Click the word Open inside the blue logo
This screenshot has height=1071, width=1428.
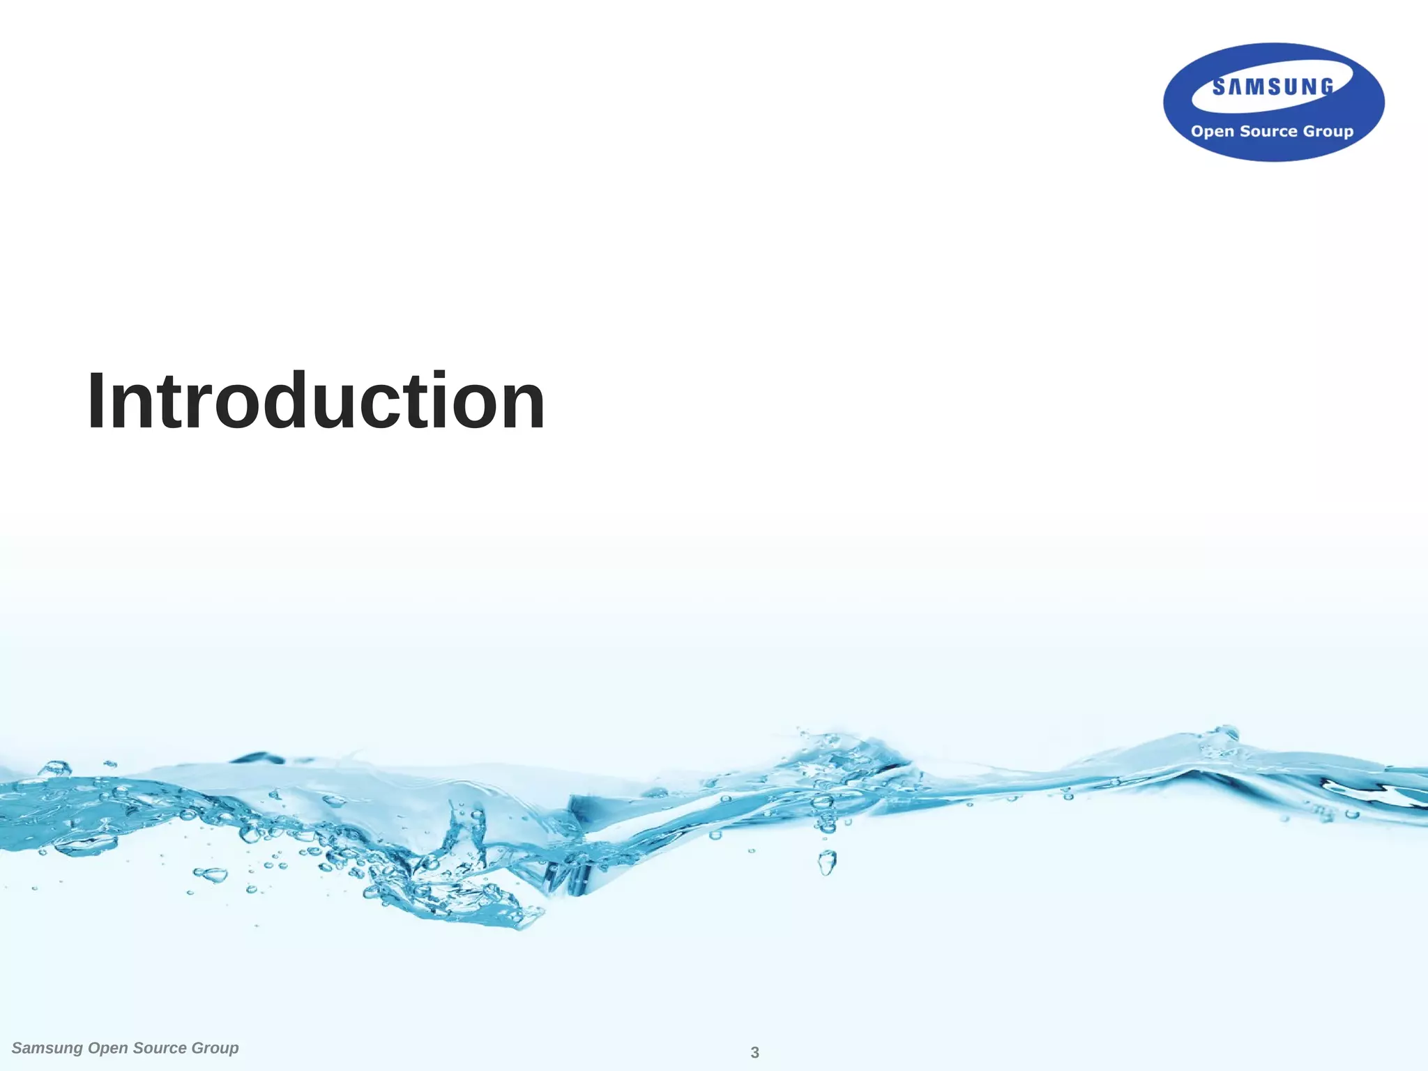click(x=1212, y=132)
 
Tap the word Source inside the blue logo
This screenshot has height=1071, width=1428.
click(x=1268, y=131)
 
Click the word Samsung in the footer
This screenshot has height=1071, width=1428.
click(x=47, y=1048)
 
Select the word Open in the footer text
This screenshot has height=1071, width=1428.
click(x=107, y=1049)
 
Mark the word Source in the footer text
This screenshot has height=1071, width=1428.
click(x=160, y=1048)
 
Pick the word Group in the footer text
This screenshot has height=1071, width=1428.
click(x=215, y=1049)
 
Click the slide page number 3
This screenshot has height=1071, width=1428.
click(x=754, y=1053)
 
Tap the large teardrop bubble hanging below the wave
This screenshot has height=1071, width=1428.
click(x=827, y=863)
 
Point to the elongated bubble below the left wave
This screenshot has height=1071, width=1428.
click(x=210, y=874)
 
